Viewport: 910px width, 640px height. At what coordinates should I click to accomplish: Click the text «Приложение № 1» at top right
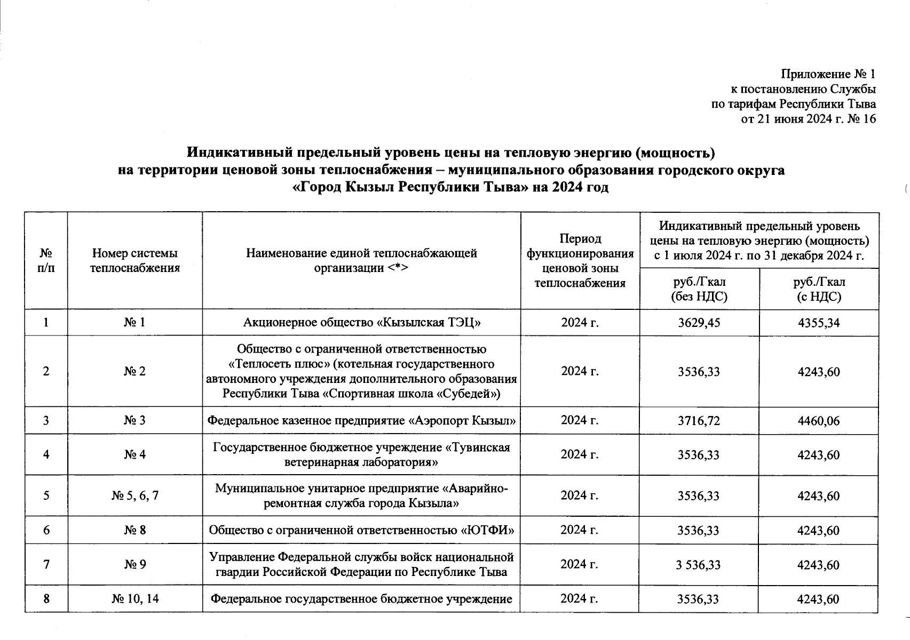click(828, 74)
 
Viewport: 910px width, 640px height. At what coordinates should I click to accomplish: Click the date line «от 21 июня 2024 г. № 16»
click(809, 118)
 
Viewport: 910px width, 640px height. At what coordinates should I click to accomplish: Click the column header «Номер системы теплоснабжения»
click(134, 260)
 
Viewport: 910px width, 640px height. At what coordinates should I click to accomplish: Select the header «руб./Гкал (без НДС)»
click(699, 289)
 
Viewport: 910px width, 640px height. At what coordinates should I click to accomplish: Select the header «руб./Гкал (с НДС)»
click(819, 289)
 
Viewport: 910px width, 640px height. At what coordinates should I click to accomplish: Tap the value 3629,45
click(699, 323)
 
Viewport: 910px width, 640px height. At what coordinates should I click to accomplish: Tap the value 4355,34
click(818, 323)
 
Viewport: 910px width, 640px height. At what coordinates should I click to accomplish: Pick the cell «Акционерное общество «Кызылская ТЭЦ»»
click(361, 323)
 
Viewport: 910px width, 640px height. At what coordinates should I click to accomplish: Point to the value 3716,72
click(699, 421)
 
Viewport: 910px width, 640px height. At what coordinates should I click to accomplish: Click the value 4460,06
click(818, 421)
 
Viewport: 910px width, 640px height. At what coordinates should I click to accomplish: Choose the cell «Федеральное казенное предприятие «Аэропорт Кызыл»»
click(361, 421)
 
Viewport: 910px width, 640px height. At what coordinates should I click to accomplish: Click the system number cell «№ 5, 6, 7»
click(134, 495)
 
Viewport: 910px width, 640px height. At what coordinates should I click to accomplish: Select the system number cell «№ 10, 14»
click(134, 598)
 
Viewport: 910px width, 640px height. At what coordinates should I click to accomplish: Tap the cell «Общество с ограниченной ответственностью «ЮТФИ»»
click(361, 530)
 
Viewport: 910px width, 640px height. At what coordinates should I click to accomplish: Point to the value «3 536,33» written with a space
click(699, 564)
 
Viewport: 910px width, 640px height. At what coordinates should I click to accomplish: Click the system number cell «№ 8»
click(134, 530)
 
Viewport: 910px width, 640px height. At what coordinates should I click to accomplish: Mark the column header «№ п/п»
click(46, 260)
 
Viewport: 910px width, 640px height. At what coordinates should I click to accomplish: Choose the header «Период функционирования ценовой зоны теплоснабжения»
click(580, 260)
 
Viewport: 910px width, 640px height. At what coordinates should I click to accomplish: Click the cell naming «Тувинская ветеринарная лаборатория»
click(361, 454)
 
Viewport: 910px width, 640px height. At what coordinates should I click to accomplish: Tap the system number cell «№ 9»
click(134, 564)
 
